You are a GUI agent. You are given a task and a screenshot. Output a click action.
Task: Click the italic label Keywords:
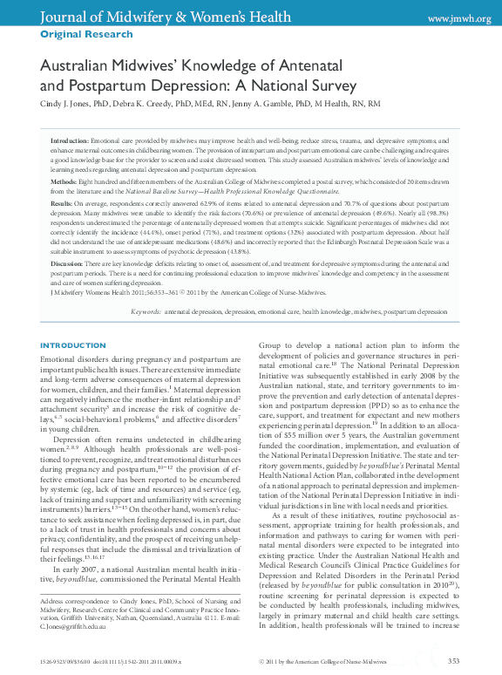click(x=146, y=310)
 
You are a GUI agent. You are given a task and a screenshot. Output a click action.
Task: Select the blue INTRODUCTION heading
click(x=73, y=346)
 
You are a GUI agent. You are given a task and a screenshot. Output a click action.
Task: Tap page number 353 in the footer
click(x=453, y=662)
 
